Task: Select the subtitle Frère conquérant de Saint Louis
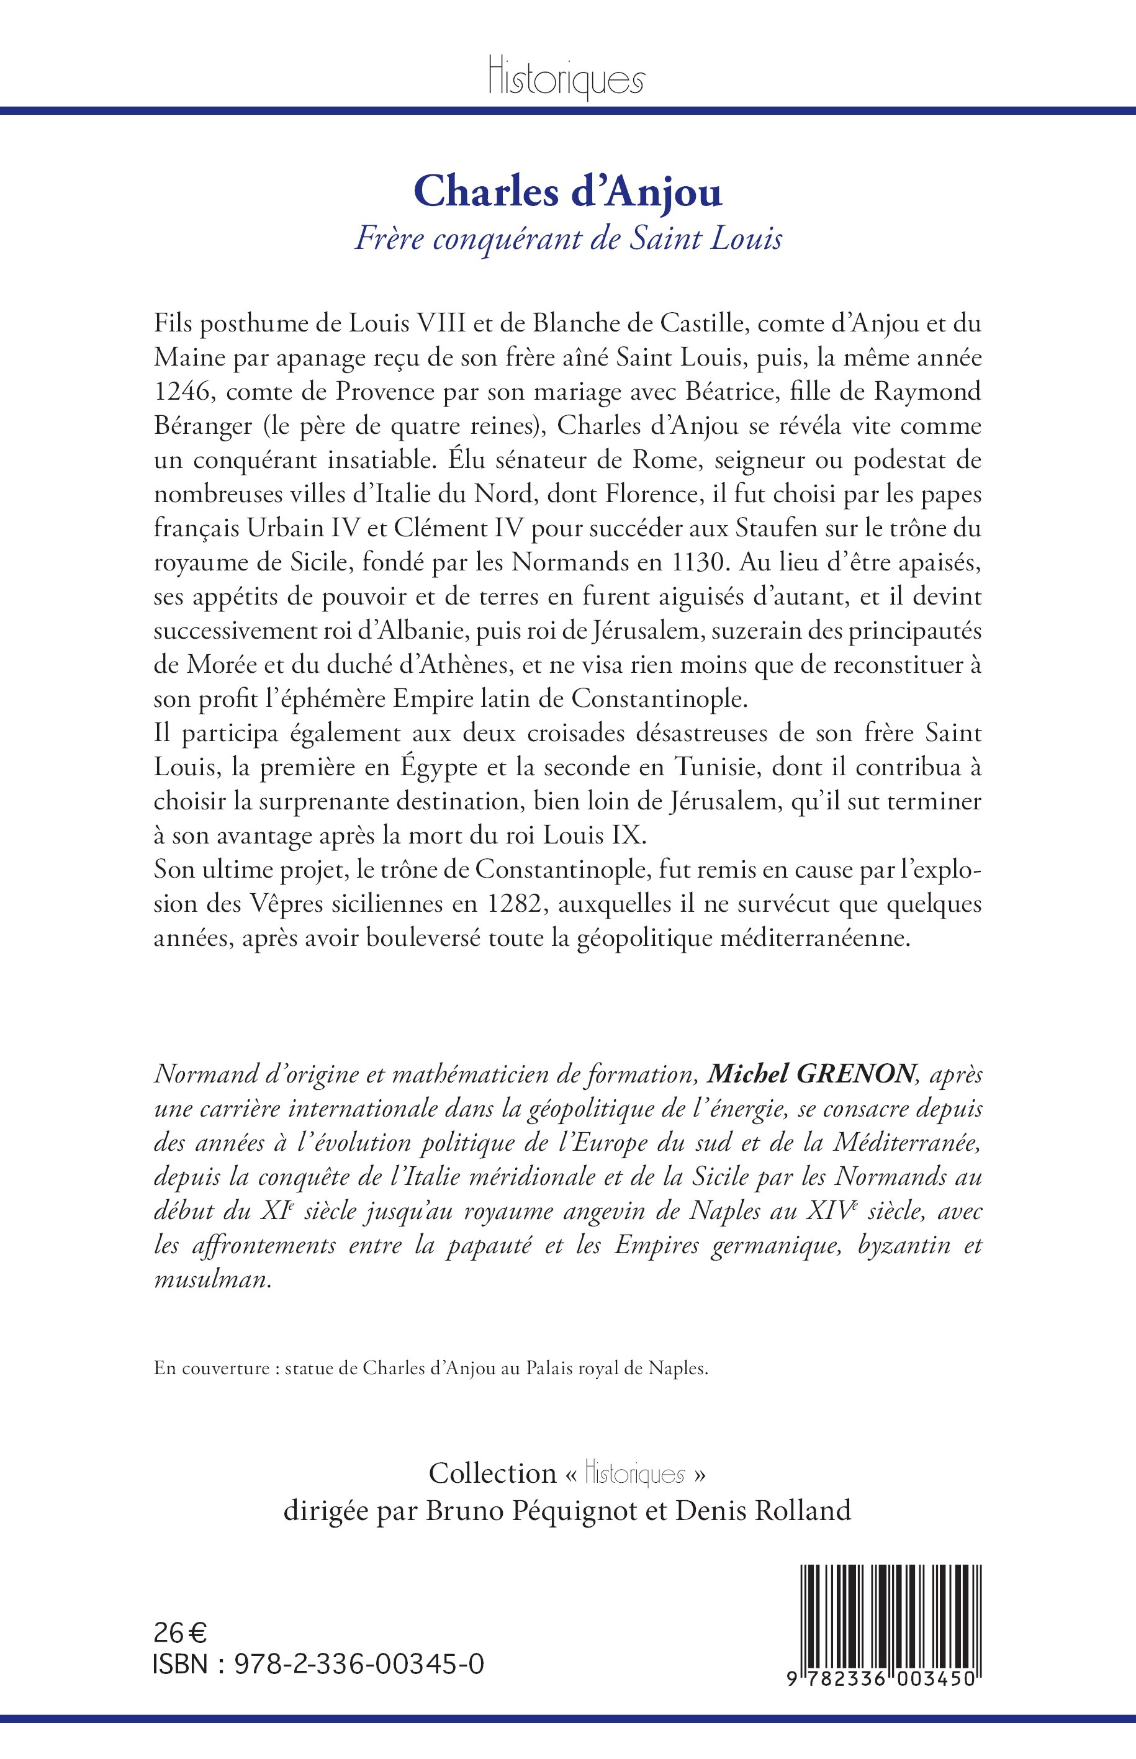point(568,240)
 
